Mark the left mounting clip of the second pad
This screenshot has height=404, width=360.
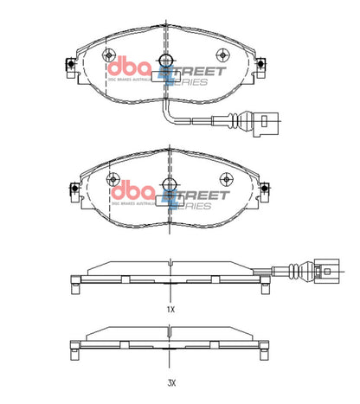point(72,189)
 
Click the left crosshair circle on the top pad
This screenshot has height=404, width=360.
point(112,54)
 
